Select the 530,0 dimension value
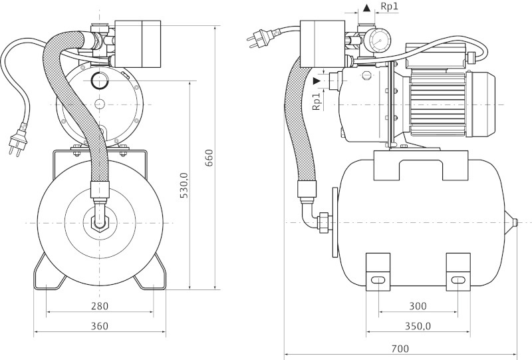coord(185,184)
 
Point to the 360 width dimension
coord(100,326)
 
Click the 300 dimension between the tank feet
coord(417,306)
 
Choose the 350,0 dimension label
coord(417,326)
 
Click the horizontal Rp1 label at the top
coord(390,7)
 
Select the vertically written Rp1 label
coord(317,100)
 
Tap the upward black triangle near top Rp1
coord(367,8)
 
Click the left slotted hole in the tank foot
coord(377,280)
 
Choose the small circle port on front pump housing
coord(100,81)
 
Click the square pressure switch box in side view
coord(321,43)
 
